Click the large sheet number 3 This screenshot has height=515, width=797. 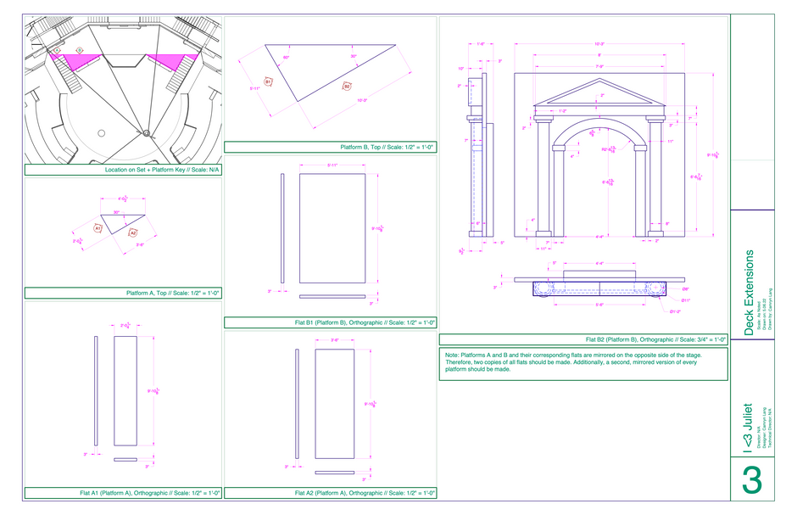click(x=751, y=480)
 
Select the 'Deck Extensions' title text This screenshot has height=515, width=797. click(x=749, y=293)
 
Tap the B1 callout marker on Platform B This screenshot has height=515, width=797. click(x=268, y=81)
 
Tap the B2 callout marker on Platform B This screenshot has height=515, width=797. click(x=347, y=85)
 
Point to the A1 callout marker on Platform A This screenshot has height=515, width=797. click(x=98, y=228)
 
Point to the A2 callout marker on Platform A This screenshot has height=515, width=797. click(x=133, y=232)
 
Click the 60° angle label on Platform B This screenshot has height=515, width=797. click(x=287, y=58)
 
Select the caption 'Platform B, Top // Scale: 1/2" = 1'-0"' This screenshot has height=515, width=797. click(x=330, y=147)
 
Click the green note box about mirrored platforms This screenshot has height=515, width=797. click(x=583, y=363)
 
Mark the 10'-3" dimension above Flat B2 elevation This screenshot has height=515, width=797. click(x=599, y=43)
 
